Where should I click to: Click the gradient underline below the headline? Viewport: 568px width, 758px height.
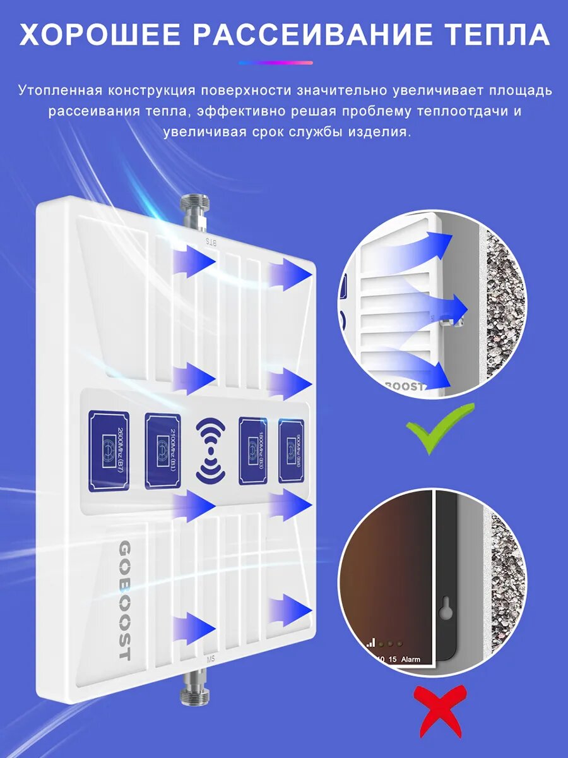tap(276, 63)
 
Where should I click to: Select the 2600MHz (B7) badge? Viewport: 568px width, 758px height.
tap(109, 451)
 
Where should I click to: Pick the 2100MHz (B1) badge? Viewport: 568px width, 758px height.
tap(163, 451)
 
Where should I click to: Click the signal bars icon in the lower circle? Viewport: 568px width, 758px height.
tap(371, 642)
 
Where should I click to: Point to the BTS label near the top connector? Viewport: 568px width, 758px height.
tap(211, 242)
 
